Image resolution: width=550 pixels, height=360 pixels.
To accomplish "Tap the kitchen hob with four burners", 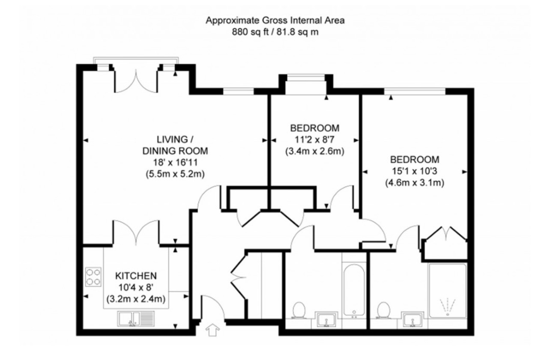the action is (x=93, y=277).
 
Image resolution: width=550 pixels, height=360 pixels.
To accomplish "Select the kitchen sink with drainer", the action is (x=136, y=319).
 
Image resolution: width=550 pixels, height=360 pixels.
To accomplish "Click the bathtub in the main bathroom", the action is (x=354, y=291).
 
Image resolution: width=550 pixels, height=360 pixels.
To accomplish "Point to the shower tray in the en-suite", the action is (x=448, y=291).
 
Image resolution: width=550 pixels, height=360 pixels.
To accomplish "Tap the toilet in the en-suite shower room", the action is (x=383, y=310).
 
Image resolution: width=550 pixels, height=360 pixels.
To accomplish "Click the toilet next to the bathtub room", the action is (x=299, y=310).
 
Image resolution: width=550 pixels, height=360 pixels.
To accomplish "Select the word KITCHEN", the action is (x=136, y=276).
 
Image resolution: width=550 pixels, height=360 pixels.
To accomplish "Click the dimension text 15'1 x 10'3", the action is (x=415, y=171).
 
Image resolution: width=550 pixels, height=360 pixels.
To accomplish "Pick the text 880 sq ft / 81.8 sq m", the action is (x=275, y=32).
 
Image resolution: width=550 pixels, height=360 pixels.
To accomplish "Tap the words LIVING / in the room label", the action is (x=175, y=140).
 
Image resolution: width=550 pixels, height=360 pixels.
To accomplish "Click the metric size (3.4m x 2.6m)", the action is (x=314, y=151).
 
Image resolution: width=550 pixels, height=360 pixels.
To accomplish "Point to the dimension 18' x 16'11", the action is (x=175, y=163).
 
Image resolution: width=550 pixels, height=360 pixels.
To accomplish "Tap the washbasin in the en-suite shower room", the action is (x=412, y=319).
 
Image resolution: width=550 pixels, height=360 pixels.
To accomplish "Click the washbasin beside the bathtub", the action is (x=326, y=319).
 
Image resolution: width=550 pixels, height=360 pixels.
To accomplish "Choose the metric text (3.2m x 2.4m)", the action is (x=136, y=299).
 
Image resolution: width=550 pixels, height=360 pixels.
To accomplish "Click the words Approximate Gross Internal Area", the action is (x=275, y=21).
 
